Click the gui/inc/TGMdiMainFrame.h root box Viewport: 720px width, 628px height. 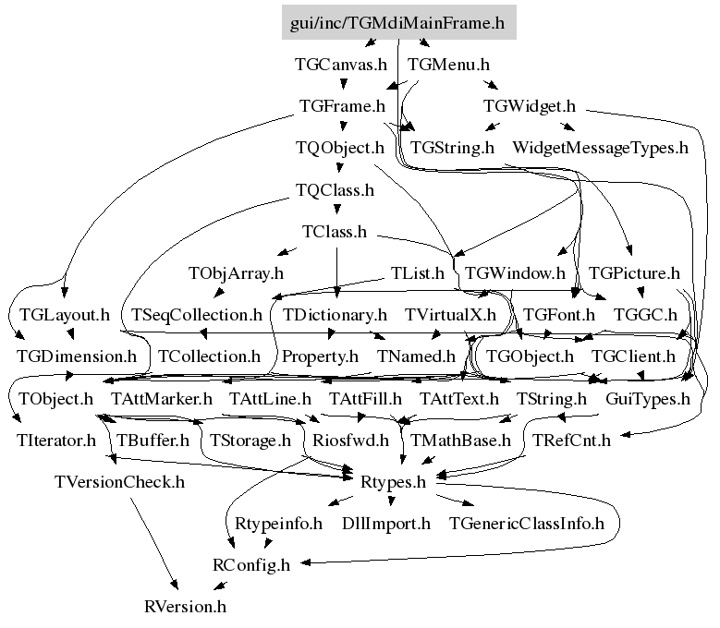(x=397, y=24)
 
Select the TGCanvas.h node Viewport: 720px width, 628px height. (x=340, y=66)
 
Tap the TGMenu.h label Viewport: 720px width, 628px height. (x=448, y=66)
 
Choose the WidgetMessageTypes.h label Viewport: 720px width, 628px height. (x=601, y=147)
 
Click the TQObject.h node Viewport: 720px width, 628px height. (x=339, y=147)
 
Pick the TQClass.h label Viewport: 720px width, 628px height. (x=335, y=190)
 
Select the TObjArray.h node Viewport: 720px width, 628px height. (x=236, y=273)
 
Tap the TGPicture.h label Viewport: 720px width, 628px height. (x=634, y=273)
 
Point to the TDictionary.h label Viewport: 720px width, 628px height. (x=334, y=315)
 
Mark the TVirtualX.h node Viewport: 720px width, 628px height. (x=450, y=315)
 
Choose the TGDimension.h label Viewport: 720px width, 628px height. (x=76, y=356)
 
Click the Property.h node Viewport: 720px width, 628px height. (x=320, y=356)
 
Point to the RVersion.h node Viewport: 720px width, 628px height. (x=185, y=607)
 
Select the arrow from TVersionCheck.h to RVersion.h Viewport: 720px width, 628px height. (x=154, y=545)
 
